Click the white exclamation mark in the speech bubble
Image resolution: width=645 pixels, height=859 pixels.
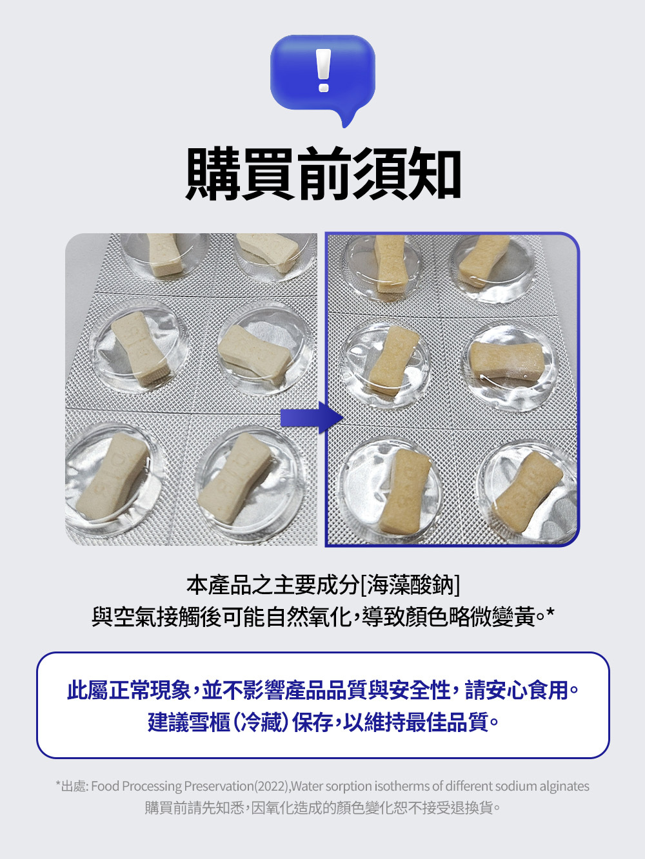pos(324,70)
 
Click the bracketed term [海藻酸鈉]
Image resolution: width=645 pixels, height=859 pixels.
pos(410,584)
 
